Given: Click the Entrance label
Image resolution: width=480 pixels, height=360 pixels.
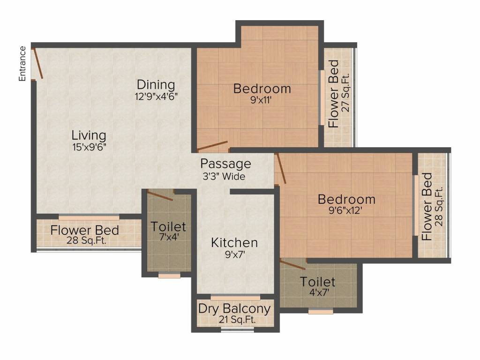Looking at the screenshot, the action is pos(22,64).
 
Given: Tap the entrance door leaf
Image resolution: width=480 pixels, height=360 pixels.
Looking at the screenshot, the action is pos(38,63).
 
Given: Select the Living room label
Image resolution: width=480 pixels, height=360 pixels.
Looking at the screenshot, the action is pos(89,135).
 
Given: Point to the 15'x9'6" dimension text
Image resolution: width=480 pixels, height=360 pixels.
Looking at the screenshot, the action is pos(89,147).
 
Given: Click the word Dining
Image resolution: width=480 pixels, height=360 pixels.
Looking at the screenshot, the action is pos(156,84).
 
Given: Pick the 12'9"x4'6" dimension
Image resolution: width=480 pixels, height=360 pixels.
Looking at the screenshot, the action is pos(156,97).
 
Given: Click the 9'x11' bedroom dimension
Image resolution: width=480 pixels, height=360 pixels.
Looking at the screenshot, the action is pos(261,100).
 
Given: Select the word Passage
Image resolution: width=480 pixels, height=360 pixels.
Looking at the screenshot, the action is pos(225,164).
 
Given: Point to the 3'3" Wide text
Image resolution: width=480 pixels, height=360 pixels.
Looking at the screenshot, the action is pos(224,176).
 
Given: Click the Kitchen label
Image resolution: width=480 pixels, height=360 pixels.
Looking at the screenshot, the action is pos(234,243).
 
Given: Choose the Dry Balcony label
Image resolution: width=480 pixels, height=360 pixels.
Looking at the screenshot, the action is pos(234,308).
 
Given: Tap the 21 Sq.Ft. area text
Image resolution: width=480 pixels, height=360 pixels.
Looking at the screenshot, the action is pos(237,320).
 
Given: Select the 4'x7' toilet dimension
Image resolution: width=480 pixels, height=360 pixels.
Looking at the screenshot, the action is pos(319,292).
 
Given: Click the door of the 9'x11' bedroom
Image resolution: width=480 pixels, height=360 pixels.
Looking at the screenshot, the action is pos(213,146).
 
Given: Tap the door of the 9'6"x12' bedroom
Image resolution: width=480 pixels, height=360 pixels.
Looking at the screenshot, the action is pos(281,169).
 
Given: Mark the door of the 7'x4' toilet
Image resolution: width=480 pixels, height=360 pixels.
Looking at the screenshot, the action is pos(160,195).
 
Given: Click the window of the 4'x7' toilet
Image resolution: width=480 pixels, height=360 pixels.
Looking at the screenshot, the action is pos(321,312).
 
